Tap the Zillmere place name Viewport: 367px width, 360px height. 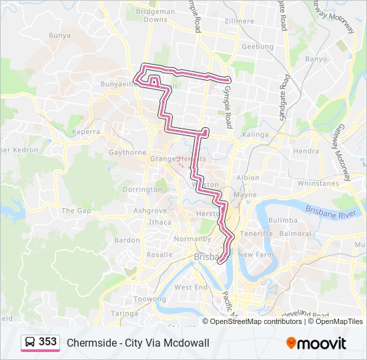[x=240, y=21]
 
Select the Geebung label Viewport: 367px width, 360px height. [x=258, y=47]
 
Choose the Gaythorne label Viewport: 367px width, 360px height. [x=127, y=152]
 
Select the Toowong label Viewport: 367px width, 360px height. [x=149, y=299]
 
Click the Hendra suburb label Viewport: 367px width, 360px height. [x=306, y=151]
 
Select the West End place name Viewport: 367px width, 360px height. [x=191, y=287]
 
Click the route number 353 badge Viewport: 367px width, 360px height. [x=47, y=342]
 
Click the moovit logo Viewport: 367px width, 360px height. [x=316, y=343]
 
